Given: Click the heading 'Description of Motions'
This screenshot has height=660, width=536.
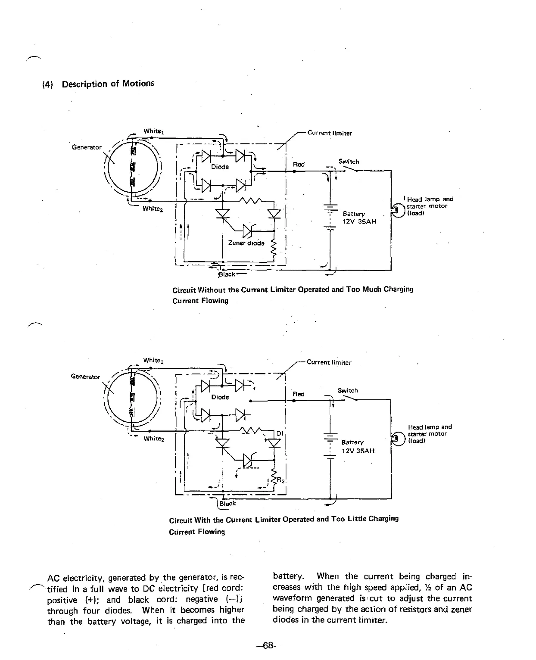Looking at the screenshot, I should [108, 84].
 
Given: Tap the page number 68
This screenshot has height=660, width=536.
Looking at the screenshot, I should [268, 645].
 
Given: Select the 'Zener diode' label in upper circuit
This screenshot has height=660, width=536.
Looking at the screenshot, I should [246, 243].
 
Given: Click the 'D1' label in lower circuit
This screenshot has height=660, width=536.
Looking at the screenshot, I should [279, 433].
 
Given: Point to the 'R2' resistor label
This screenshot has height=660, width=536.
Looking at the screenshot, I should [279, 480].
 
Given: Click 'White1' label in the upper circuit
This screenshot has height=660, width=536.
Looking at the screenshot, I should [153, 131].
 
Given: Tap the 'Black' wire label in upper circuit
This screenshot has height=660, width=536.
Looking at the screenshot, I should [227, 274].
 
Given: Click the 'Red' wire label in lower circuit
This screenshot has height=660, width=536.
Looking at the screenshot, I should [298, 394].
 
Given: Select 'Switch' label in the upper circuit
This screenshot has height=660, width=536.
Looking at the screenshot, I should [349, 162].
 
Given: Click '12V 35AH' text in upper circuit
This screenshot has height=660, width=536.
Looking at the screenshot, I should [359, 221].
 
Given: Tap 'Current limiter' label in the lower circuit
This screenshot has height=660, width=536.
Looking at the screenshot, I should [329, 362].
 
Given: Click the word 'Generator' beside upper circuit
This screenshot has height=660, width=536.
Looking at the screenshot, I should [87, 147].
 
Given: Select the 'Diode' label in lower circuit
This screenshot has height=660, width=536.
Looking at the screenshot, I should [220, 397].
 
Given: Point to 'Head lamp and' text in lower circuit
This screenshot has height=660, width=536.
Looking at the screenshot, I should [430, 427].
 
